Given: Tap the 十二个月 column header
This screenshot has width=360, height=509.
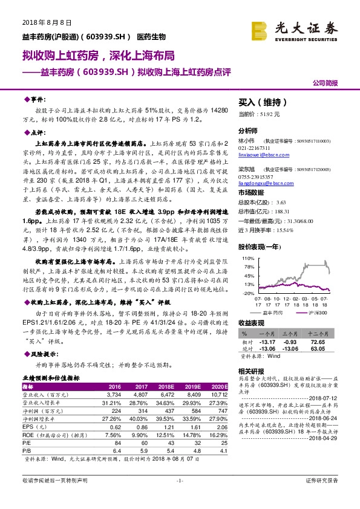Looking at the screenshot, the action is [x=319, y=333].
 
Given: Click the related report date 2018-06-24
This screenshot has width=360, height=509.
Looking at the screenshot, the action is [x=321, y=417].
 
